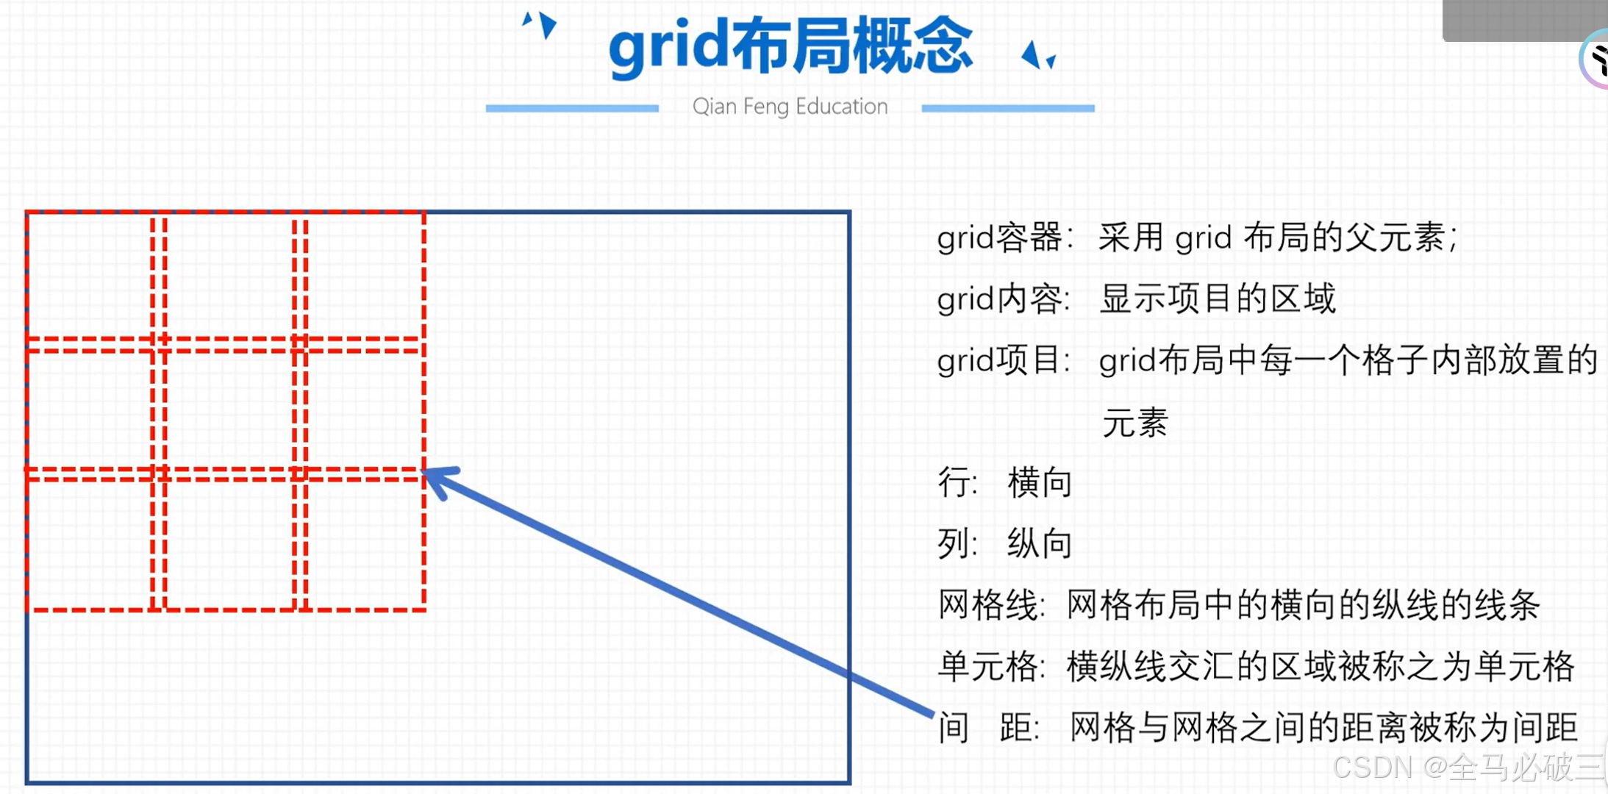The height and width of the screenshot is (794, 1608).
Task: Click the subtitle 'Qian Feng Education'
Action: tap(790, 107)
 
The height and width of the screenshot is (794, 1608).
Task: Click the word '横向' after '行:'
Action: tap(1040, 484)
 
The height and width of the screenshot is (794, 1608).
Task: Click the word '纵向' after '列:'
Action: tap(1040, 545)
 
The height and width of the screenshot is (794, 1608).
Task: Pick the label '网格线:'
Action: tap(991, 606)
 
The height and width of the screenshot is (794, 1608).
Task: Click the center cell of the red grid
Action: tap(229, 410)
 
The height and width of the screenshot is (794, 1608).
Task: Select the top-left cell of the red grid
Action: tap(89, 276)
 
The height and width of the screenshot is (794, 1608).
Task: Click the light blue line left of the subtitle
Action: tap(572, 108)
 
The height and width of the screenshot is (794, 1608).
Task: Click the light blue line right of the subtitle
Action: tap(1008, 108)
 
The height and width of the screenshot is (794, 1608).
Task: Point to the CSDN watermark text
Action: tap(1467, 768)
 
